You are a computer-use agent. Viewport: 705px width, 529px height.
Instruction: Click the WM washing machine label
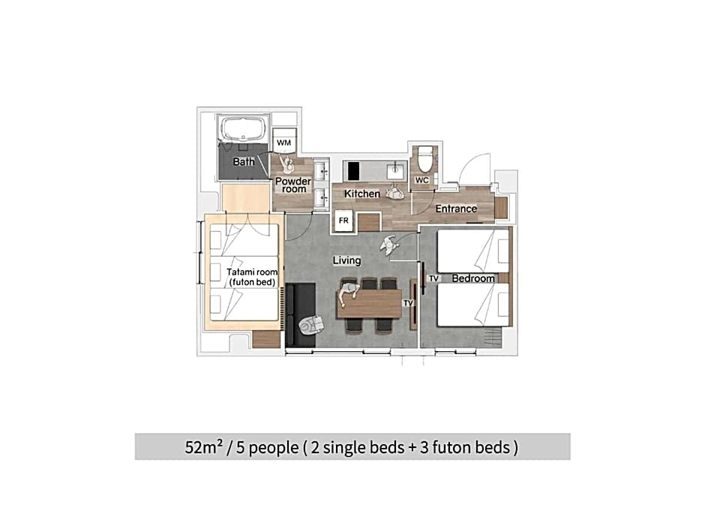click(283, 143)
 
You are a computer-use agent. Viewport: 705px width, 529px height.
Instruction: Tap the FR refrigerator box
click(343, 221)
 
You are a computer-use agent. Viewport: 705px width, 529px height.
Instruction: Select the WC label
click(421, 180)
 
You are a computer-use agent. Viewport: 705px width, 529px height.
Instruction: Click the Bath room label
click(244, 161)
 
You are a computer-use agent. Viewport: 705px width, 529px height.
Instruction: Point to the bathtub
click(243, 128)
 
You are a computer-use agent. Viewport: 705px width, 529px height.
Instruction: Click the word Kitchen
click(362, 194)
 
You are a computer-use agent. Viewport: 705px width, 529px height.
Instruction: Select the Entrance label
click(456, 209)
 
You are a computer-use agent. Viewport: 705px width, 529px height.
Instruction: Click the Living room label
click(346, 260)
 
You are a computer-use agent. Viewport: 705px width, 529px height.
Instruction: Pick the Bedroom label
click(473, 278)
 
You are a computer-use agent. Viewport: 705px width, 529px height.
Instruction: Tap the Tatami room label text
click(252, 277)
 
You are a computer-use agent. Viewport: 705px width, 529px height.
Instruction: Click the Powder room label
click(293, 185)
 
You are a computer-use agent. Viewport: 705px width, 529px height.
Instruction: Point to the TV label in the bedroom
click(433, 278)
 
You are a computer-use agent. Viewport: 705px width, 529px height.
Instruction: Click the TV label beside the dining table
click(408, 302)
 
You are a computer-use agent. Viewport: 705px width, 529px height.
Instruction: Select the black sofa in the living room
click(300, 315)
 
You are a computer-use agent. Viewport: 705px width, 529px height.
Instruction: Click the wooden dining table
click(369, 304)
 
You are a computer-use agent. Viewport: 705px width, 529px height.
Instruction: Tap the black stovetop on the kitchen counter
click(354, 171)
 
